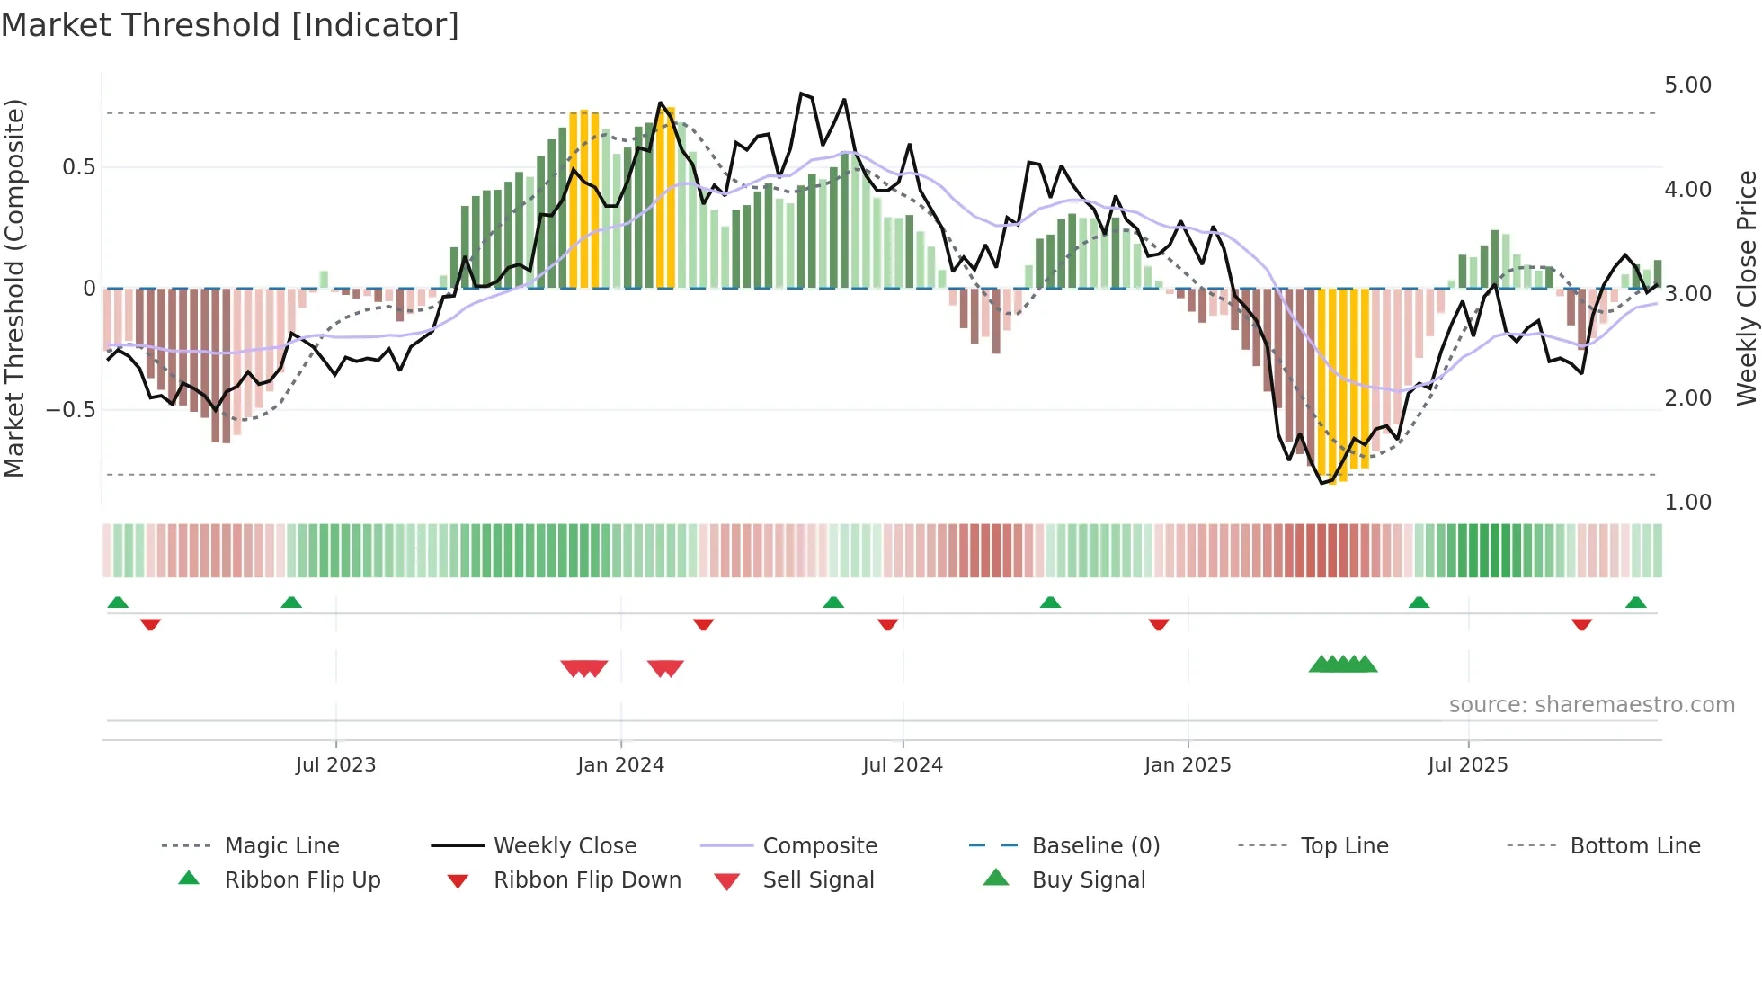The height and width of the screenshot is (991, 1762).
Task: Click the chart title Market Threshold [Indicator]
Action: (230, 25)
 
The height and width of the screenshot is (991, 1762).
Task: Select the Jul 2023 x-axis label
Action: (335, 765)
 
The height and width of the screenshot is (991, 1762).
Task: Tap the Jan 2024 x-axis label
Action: (620, 765)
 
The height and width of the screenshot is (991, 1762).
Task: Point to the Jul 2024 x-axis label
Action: (903, 765)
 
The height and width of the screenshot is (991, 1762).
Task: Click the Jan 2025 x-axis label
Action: (1188, 765)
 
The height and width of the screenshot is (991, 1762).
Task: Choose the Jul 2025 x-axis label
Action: (1468, 765)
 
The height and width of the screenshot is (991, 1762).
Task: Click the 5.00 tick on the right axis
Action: (1687, 85)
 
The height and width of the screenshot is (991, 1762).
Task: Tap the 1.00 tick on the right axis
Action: (1687, 503)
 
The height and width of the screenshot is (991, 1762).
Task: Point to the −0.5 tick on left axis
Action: (70, 410)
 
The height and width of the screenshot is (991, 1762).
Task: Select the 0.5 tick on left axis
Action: (78, 167)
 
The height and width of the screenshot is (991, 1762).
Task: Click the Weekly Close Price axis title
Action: (1746, 288)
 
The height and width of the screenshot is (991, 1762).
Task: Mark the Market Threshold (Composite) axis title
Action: (14, 288)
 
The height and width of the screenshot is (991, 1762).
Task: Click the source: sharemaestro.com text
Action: (1591, 705)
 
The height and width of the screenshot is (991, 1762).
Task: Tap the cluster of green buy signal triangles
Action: (1343, 665)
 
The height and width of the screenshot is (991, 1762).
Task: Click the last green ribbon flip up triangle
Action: (1635, 603)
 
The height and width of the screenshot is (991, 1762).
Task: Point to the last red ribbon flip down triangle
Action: (1581, 624)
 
